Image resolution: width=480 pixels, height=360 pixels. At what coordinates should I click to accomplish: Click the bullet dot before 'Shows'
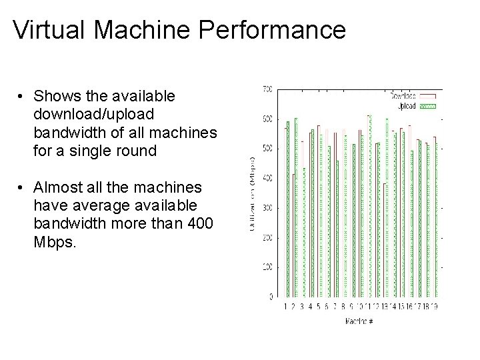pos(23,97)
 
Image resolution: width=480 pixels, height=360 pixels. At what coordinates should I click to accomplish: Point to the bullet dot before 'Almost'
pos(23,187)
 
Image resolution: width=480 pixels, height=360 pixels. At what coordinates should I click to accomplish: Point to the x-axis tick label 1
pos(286,307)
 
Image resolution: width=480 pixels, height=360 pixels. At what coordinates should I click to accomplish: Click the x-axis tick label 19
pos(434,307)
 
